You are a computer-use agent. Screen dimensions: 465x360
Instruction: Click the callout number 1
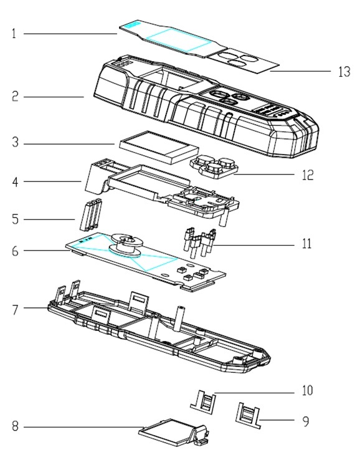click(14, 34)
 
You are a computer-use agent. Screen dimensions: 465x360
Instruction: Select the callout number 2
click(14, 97)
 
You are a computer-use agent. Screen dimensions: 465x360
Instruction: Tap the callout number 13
click(343, 72)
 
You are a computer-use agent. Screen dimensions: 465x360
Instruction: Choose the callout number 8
click(14, 427)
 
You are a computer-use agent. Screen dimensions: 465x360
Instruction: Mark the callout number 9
click(306, 422)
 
